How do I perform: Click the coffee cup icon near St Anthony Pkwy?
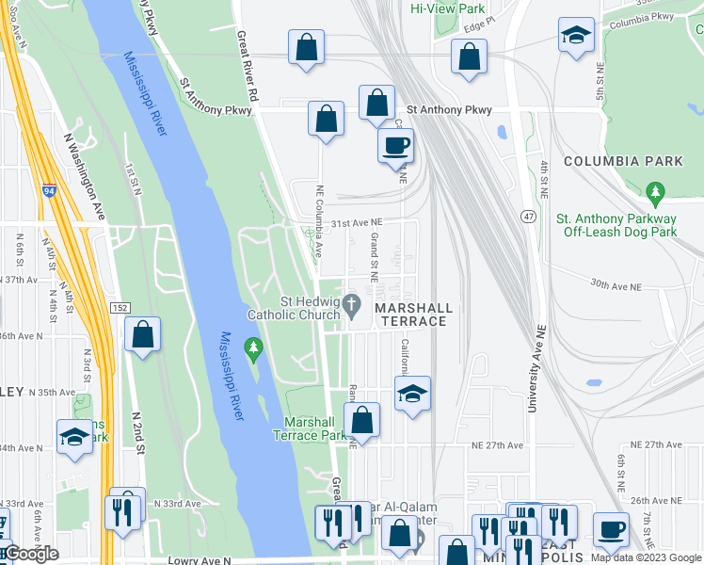tap(395, 145)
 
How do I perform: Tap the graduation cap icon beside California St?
tap(412, 393)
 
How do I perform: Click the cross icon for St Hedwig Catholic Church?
tap(352, 303)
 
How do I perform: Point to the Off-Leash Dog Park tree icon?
tap(656, 193)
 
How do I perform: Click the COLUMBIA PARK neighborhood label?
tap(623, 162)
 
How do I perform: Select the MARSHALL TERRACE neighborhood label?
tap(414, 315)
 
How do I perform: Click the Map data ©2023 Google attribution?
tap(646, 557)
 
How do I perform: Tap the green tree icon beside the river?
tap(252, 349)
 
